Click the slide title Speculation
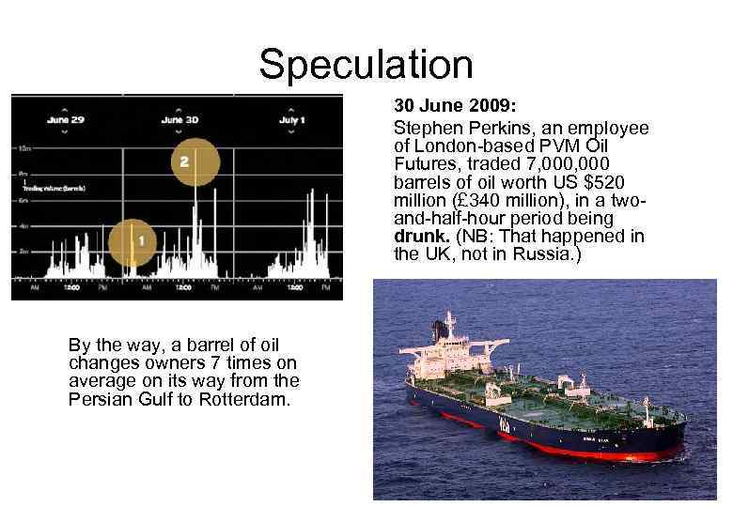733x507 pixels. (366, 65)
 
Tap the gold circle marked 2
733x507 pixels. (184, 161)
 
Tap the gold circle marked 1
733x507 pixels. (140, 241)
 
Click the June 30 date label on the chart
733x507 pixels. (179, 120)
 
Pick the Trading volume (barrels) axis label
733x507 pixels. (55, 188)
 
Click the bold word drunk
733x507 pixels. (418, 236)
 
